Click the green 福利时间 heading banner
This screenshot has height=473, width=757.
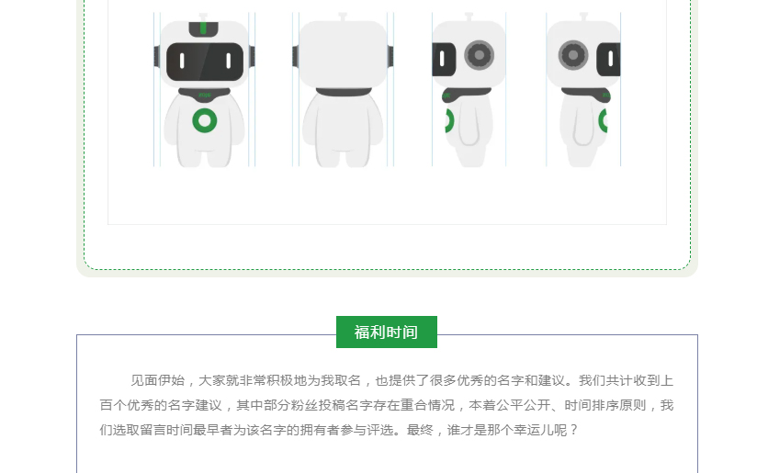(x=386, y=332)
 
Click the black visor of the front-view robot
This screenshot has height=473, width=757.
(x=205, y=62)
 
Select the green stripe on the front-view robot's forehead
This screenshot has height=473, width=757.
(x=203, y=28)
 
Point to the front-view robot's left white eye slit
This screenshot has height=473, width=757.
(x=182, y=61)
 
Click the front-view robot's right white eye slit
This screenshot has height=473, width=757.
(x=229, y=61)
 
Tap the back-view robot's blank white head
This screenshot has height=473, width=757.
(x=343, y=54)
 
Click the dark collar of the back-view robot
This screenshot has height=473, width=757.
(x=344, y=92)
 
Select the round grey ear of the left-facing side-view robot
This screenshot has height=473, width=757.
(x=479, y=55)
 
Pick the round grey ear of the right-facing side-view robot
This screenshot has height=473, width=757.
(x=573, y=55)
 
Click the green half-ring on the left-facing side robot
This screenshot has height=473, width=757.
(x=450, y=120)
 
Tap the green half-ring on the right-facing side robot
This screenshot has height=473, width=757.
(x=603, y=120)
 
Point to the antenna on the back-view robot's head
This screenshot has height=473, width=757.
(x=343, y=17)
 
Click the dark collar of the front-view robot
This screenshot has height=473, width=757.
(x=204, y=94)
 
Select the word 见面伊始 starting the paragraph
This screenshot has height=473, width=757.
(x=158, y=380)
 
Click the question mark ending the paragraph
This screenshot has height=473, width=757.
(x=573, y=430)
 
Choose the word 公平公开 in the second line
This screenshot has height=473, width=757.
(x=524, y=405)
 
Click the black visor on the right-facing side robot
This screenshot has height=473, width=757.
(x=608, y=60)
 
